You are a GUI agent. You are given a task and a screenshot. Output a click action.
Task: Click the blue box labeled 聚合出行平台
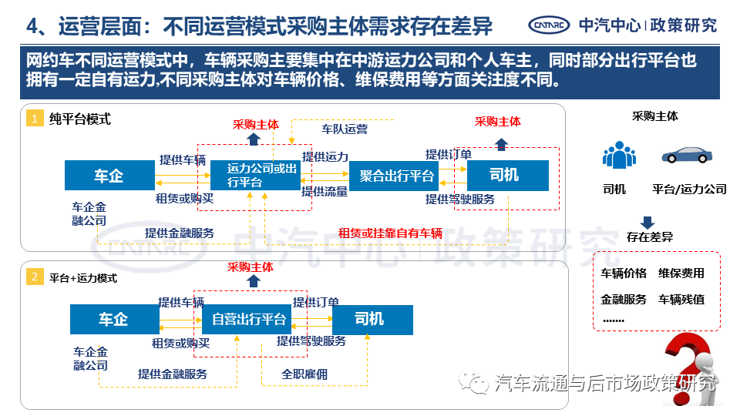[x=398, y=176]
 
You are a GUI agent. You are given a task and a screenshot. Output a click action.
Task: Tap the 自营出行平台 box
[x=249, y=319]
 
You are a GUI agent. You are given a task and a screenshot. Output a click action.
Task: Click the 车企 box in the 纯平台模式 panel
[x=109, y=176]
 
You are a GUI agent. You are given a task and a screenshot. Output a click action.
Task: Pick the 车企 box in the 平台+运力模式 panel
[x=113, y=319]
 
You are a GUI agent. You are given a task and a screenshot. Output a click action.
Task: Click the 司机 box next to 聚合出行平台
[x=505, y=176]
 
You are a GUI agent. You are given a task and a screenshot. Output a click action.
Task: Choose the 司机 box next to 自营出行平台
[x=369, y=319]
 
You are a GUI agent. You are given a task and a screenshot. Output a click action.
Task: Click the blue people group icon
[x=619, y=155]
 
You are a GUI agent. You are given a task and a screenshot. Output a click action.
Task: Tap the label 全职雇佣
[x=304, y=374]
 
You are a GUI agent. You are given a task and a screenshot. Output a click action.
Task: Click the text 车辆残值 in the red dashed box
[x=681, y=299]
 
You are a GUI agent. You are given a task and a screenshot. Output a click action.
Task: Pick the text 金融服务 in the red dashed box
[x=624, y=299]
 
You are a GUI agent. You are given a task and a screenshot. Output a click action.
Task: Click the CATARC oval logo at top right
[x=548, y=25]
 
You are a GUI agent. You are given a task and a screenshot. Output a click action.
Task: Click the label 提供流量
[x=325, y=192]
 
